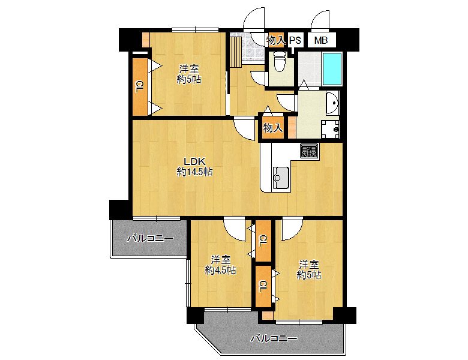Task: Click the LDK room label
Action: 194,161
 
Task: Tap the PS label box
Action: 295,40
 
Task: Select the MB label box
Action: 321,40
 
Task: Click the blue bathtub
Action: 332,69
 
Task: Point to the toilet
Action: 280,61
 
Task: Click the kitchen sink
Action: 281,178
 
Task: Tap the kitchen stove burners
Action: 309,151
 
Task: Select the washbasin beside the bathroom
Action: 332,103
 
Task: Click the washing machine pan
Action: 330,129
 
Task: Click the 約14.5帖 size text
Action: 194,172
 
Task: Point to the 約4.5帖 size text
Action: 220,270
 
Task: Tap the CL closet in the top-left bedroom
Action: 140,86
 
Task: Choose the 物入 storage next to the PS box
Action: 277,40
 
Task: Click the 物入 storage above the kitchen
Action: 273,128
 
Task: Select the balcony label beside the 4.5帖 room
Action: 150,239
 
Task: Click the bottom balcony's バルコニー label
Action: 274,338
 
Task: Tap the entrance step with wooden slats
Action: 236,53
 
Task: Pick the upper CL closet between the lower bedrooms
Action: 263,241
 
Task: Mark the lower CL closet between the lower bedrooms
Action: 263,287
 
